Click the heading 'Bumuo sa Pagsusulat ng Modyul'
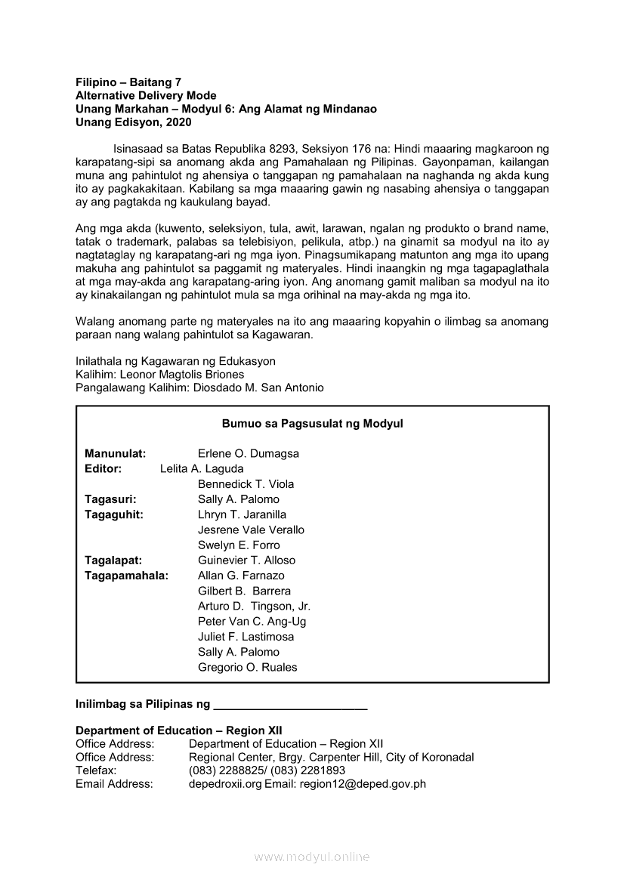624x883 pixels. (312, 424)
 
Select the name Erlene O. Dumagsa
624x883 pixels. (249, 454)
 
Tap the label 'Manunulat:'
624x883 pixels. (116, 454)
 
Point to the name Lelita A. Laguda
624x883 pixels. (202, 469)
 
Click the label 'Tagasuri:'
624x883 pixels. (110, 499)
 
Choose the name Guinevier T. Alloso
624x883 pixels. (246, 560)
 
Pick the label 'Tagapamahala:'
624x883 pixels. (127, 576)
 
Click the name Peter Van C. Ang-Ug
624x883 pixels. (252, 622)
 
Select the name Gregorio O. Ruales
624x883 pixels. (247, 668)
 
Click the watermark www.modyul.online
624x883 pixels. (312, 857)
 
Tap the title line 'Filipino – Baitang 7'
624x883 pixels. (128, 82)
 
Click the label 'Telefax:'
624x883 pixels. (96, 770)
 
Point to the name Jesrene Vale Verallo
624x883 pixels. (251, 530)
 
